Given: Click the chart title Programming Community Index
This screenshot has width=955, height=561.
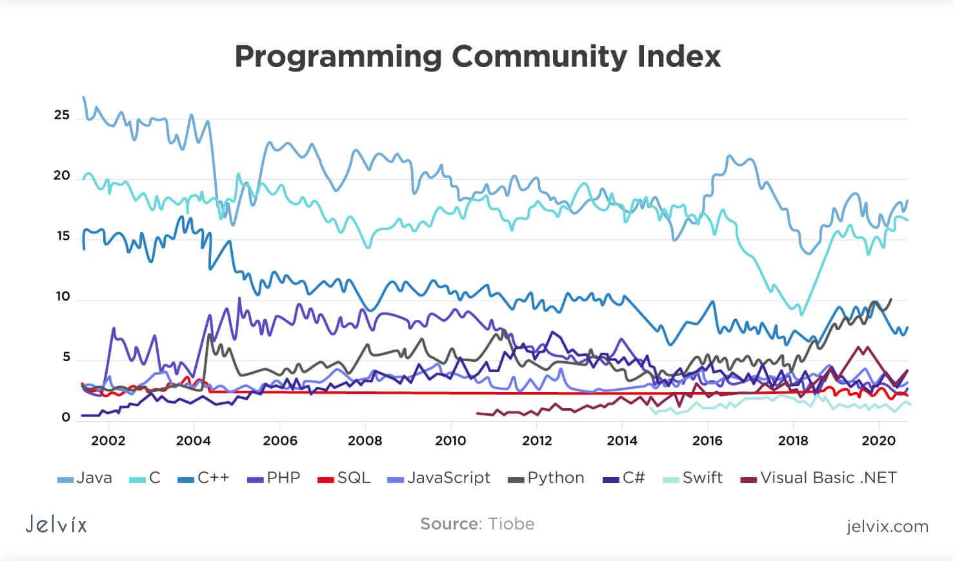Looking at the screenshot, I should tap(477, 57).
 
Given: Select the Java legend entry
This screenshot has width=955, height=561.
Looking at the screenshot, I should tap(85, 478).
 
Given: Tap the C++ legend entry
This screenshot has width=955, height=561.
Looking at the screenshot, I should tap(203, 478).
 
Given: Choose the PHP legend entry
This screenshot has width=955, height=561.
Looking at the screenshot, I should tap(274, 478).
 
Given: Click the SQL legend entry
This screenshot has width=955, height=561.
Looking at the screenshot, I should tap(345, 478).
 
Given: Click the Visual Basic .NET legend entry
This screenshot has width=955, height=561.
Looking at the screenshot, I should tap(819, 478).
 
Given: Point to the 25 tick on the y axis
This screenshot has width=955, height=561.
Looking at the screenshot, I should tap(62, 115).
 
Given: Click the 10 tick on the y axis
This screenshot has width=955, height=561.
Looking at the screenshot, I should tap(62, 297).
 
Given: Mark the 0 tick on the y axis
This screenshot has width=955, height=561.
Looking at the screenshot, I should tap(66, 417).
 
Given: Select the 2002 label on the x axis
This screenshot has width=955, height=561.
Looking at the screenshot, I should tap(108, 440).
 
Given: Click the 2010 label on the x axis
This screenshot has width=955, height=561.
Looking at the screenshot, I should tap(450, 440).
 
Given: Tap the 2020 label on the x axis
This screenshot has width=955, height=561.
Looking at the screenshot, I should tap(879, 440).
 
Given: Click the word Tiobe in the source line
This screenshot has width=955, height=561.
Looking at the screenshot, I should tap(511, 524).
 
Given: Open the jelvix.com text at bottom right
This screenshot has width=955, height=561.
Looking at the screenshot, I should tap(887, 526).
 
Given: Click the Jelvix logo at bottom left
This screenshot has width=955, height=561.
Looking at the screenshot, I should tap(56, 524).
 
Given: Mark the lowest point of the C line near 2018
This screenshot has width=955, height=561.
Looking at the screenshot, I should tap(801, 314).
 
